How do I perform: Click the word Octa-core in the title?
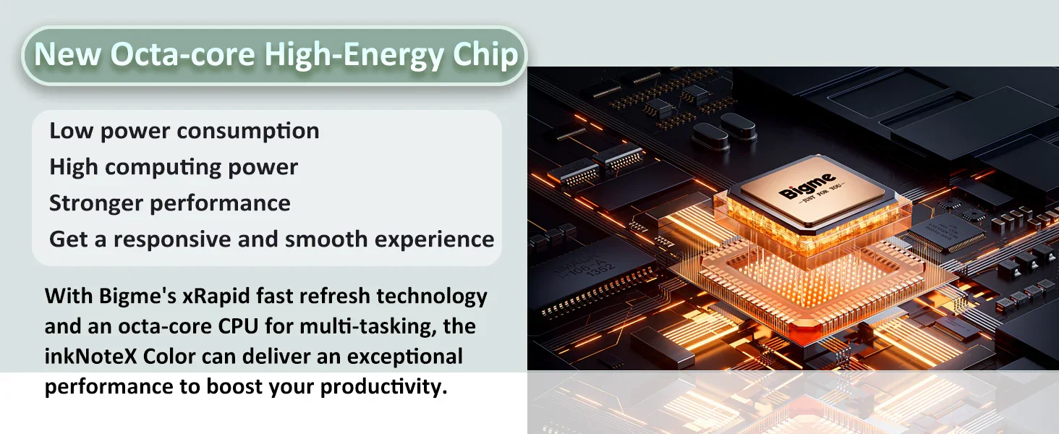(182, 54)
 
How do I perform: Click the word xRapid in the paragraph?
(216, 297)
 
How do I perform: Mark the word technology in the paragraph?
(432, 297)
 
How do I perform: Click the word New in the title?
(67, 54)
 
